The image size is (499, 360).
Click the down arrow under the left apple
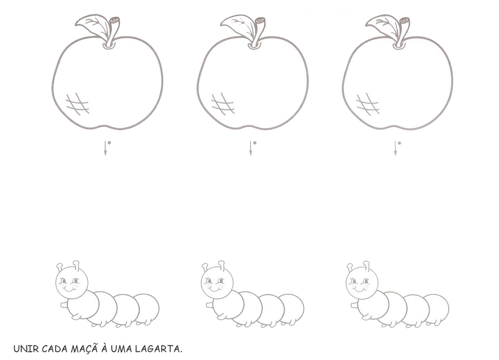(105, 148)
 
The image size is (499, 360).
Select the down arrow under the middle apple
(250, 148)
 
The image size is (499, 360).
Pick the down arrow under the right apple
(396, 148)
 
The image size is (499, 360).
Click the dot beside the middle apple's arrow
(255, 143)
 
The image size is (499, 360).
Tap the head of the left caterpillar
(72, 282)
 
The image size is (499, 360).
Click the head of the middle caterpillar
(217, 282)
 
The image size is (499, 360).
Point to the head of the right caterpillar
(362, 282)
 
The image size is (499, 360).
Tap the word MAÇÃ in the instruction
(84, 349)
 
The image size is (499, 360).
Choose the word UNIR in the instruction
(26, 349)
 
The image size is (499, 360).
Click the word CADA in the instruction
(55, 349)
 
